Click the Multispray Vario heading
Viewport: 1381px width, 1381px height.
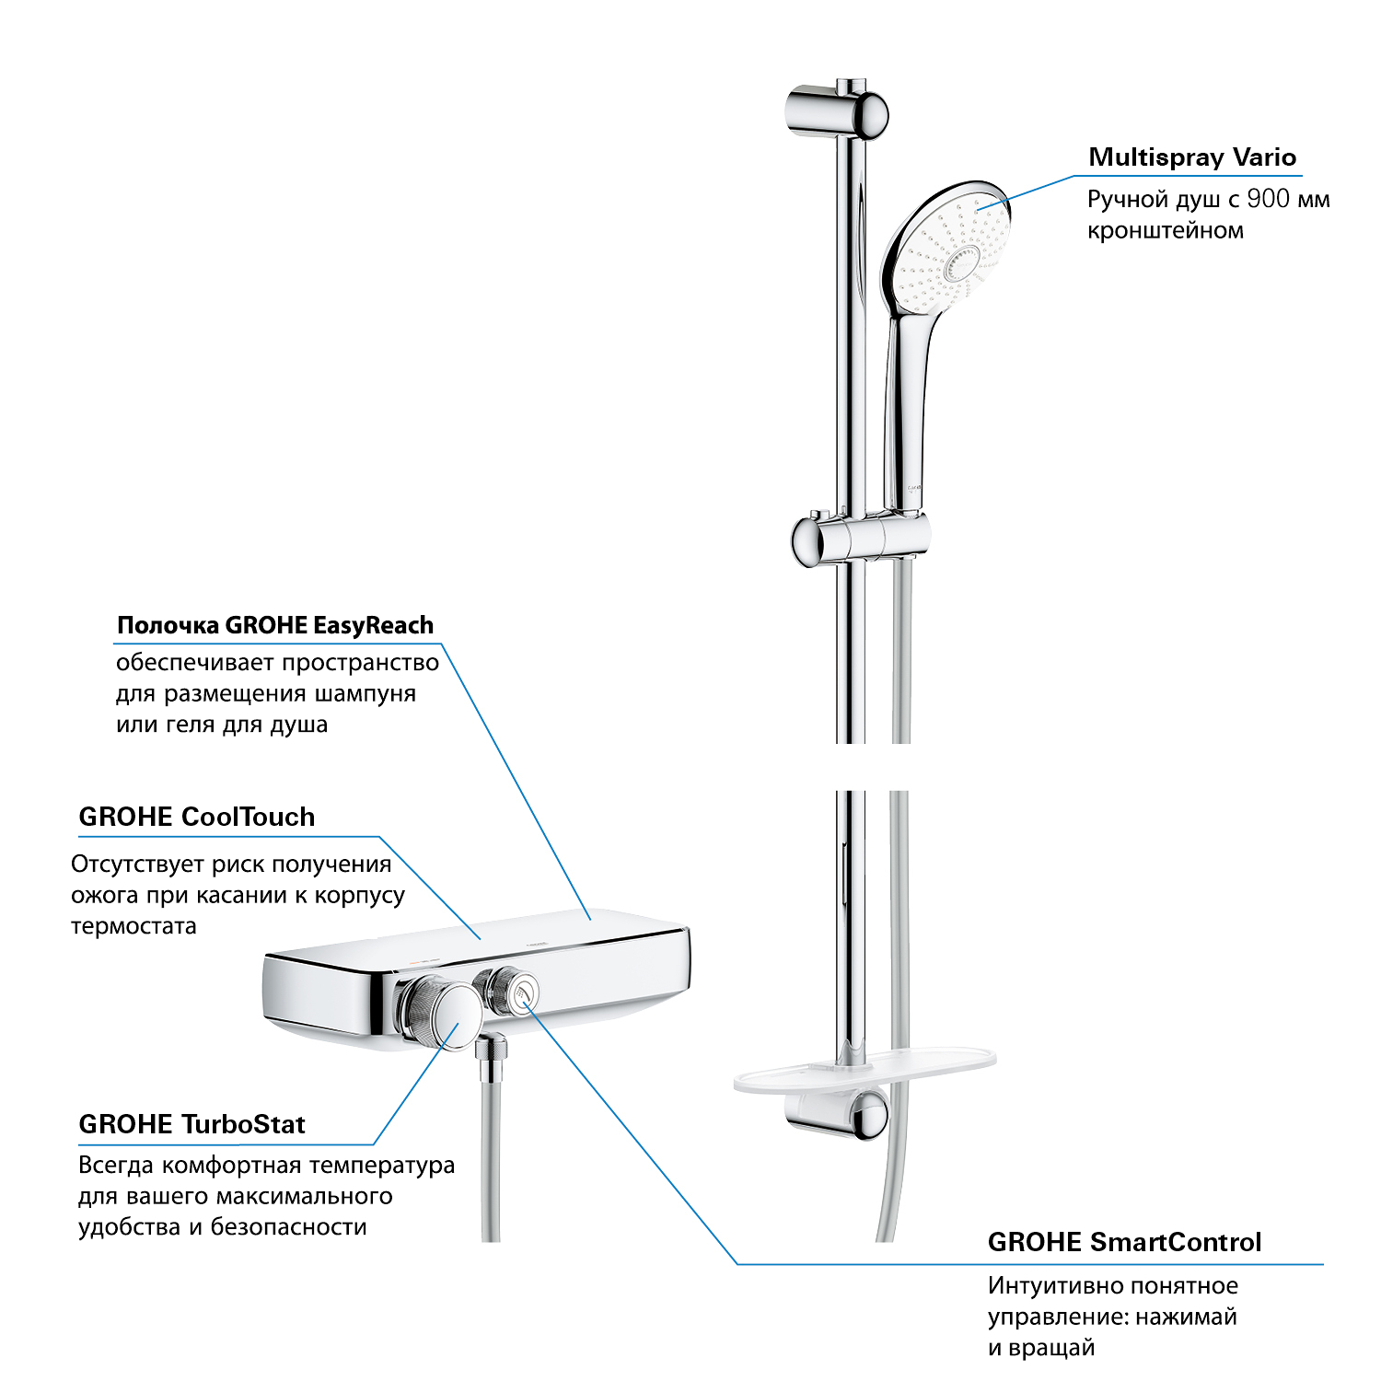[1192, 157]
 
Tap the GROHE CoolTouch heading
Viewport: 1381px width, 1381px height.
[197, 817]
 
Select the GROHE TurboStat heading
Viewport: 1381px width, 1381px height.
[191, 1124]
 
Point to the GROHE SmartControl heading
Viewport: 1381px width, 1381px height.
[1124, 1242]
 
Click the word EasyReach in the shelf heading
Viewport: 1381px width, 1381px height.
[373, 626]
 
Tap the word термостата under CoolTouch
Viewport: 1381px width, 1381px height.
[133, 926]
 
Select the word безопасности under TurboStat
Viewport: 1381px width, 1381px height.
[288, 1227]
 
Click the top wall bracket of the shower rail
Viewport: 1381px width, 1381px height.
[836, 112]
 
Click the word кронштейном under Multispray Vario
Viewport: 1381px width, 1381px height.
[1166, 231]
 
